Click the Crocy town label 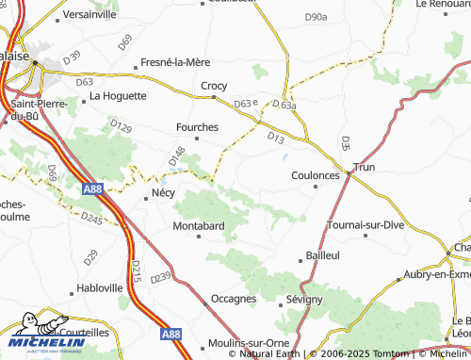pos(214,86)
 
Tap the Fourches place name pos(197,126)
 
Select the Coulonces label pos(315,174)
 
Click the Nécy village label pos(163,193)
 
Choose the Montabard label pos(198,226)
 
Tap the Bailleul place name pos(323,255)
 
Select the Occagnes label pos(234,299)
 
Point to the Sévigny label pos(304,299)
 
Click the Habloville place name pos(99,288)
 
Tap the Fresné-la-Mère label pos(175,62)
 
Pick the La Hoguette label pos(118,95)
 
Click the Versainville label pos(89,15)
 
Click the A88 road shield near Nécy pos(92,189)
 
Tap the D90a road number pos(316,17)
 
